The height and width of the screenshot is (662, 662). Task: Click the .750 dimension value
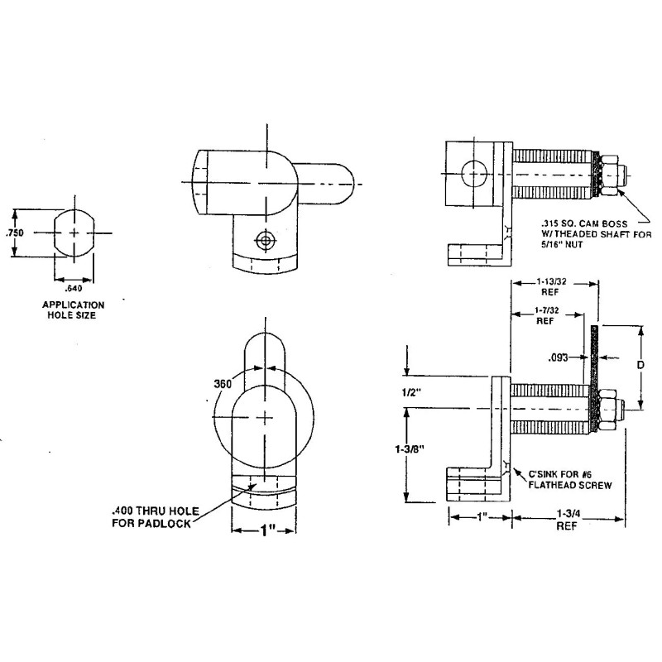coord(14,233)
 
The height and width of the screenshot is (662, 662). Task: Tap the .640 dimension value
coord(74,288)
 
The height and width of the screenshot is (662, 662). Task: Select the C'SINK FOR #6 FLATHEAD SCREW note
coord(572,480)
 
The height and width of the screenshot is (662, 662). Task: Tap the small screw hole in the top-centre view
coord(265,242)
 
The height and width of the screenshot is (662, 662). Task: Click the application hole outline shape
coord(75,233)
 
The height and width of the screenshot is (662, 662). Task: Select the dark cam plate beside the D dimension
coord(594,377)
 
